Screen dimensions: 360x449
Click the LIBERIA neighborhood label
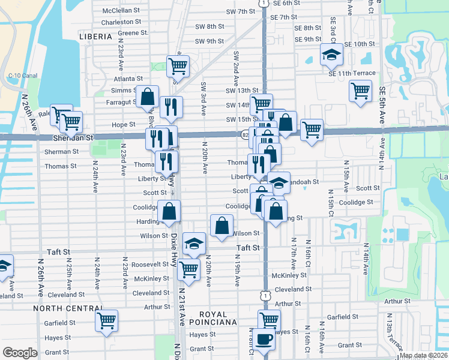point(95,37)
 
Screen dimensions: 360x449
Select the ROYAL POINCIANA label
point(205,319)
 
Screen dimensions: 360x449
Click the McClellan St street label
point(121,11)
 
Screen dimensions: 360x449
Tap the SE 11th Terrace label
point(352,73)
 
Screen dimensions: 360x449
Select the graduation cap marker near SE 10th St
point(330,54)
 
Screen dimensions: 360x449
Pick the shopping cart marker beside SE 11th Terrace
point(360,91)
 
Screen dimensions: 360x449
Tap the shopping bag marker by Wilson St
point(221,226)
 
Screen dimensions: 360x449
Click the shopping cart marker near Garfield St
point(106,320)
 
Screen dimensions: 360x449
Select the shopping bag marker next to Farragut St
point(147,95)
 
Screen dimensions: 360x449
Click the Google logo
point(20,353)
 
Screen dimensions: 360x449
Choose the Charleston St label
point(121,22)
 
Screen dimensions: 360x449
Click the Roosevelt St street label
point(150,264)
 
